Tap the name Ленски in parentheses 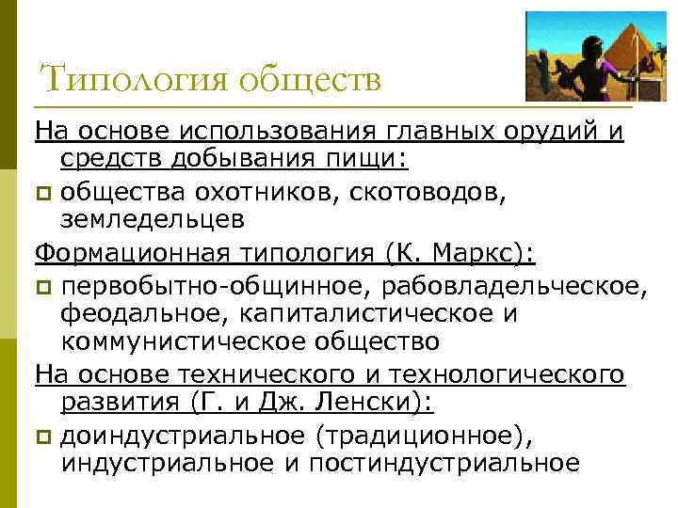pyautogui.click(x=374, y=403)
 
